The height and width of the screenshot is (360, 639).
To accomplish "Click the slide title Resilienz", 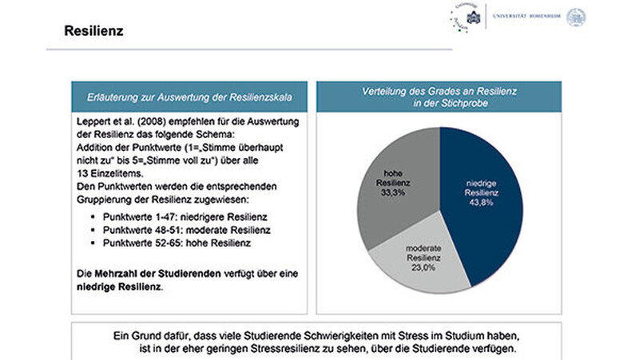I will click(x=93, y=31).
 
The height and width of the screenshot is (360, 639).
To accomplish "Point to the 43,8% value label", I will click(x=480, y=203).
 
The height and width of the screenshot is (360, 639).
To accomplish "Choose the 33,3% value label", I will click(x=391, y=192).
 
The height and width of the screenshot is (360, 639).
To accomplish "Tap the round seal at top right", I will click(x=576, y=17).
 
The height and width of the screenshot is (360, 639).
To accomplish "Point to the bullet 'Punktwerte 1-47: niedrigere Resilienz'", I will click(x=191, y=217).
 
